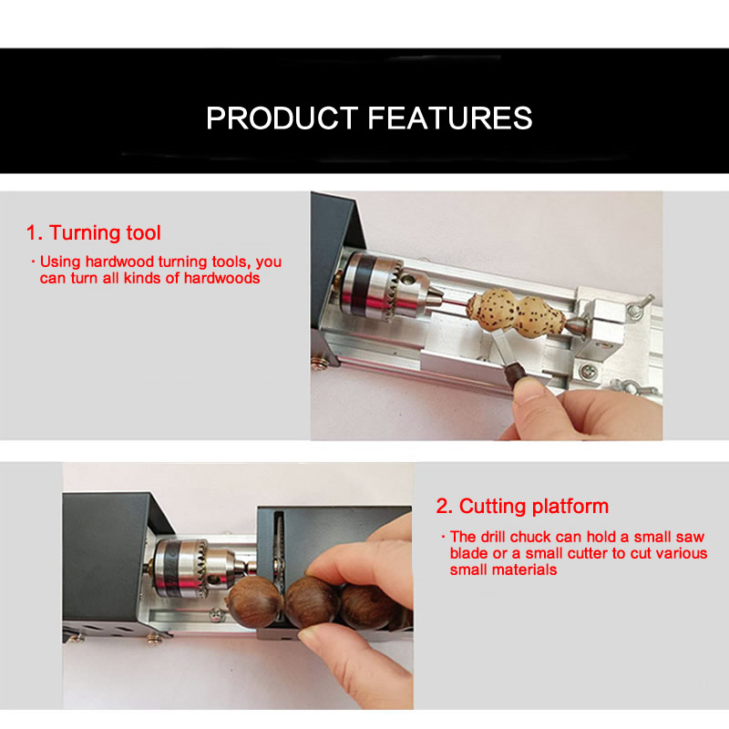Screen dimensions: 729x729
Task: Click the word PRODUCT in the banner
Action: pyautogui.click(x=282, y=118)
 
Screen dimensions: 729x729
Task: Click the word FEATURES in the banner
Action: pyautogui.click(x=450, y=118)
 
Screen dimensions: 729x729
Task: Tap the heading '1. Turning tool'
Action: pyautogui.click(x=94, y=232)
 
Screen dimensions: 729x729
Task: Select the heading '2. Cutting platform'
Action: pyautogui.click(x=522, y=506)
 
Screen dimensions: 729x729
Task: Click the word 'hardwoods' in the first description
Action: pyautogui.click(x=221, y=278)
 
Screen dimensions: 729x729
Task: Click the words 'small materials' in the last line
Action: pyautogui.click(x=503, y=570)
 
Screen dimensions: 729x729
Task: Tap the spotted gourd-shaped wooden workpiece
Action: pyautogui.click(x=516, y=310)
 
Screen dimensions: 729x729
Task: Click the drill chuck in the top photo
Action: pyautogui.click(x=388, y=288)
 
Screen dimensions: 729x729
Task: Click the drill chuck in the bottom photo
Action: pyautogui.click(x=195, y=566)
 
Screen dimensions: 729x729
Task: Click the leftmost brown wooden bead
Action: pyautogui.click(x=255, y=602)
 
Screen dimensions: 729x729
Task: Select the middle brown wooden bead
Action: pyautogui.click(x=311, y=602)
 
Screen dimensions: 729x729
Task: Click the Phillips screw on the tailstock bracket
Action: pyautogui.click(x=588, y=371)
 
